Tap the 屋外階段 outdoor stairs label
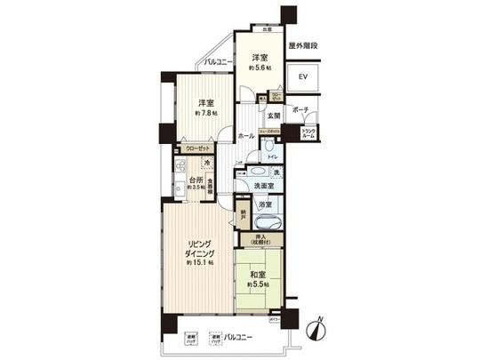pyautogui.click(x=302, y=44)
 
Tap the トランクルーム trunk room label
pyautogui.click(x=308, y=133)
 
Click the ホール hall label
pyautogui.click(x=246, y=136)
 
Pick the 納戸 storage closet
pyautogui.click(x=244, y=216)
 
